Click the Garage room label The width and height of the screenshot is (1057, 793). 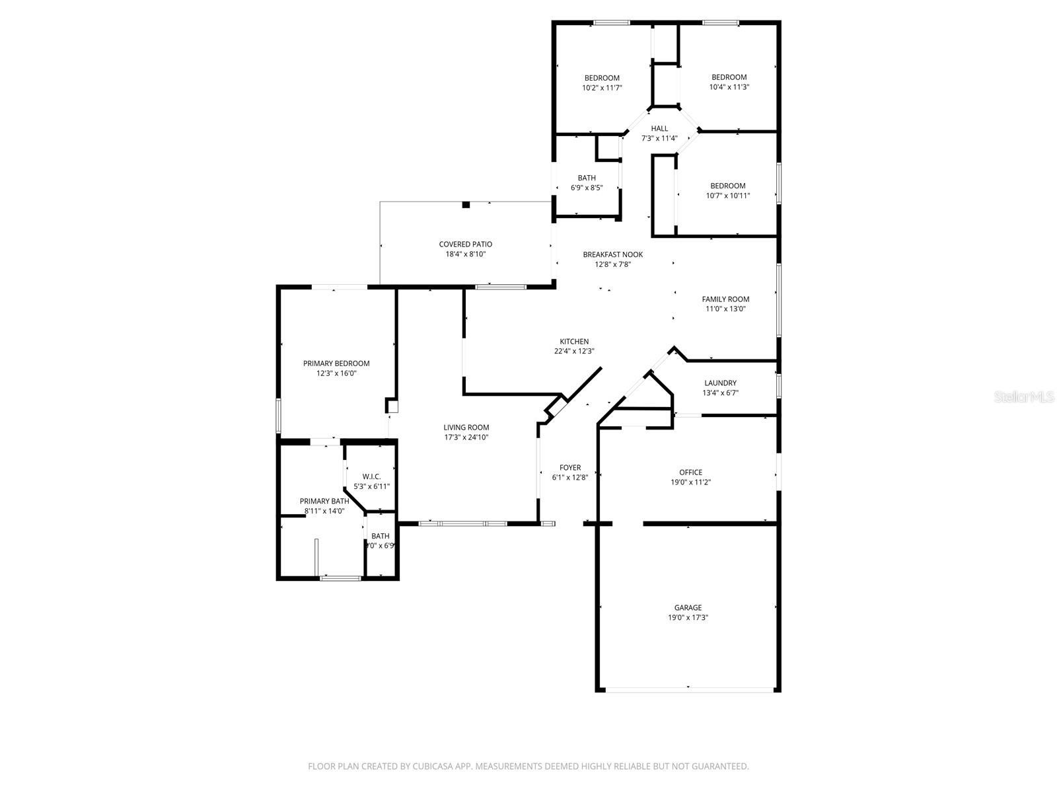pos(688,607)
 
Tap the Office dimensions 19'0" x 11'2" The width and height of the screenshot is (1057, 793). pos(690,482)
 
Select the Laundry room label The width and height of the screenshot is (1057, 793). pos(720,383)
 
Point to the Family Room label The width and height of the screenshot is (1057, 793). pos(725,299)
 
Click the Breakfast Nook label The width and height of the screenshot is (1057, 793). pos(612,254)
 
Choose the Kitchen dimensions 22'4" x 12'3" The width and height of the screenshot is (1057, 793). pos(574,352)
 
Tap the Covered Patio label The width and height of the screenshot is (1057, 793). pos(465,244)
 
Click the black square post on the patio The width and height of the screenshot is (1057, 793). pos(466,205)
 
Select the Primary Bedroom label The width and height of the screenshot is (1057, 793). pos(336,363)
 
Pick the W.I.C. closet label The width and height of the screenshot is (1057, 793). pos(371,476)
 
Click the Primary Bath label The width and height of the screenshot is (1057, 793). pos(324,501)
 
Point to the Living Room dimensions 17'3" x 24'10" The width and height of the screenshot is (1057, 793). pos(466,437)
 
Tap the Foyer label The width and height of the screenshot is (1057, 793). pos(570,467)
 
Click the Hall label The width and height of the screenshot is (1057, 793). pos(659,128)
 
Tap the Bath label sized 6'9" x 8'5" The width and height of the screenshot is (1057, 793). pos(587,178)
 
